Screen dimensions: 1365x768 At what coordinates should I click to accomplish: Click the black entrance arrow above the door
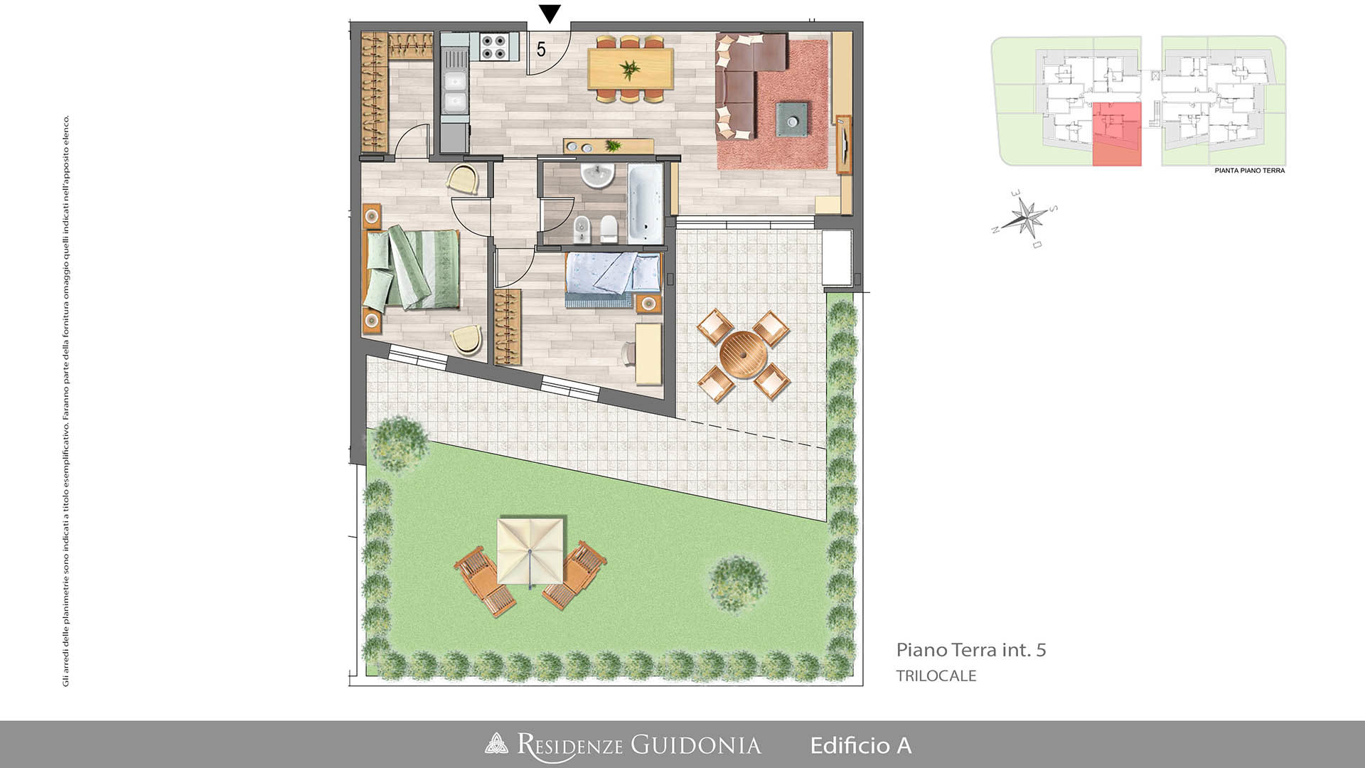tap(550, 14)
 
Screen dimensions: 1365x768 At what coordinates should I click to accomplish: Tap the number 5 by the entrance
tap(541, 50)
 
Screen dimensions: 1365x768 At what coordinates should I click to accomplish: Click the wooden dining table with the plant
tap(631, 69)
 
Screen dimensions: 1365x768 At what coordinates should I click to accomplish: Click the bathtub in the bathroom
tap(646, 203)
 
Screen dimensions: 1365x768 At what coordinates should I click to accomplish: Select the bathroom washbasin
tap(597, 176)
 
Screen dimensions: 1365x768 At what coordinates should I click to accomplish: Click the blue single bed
tap(612, 279)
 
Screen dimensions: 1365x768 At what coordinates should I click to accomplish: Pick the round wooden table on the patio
tap(743, 354)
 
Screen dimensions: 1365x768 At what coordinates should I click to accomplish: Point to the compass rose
tap(1025, 218)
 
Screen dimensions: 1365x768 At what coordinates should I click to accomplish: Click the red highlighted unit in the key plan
tap(1116, 134)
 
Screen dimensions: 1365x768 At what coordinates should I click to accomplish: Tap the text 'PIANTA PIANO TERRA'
tap(1250, 171)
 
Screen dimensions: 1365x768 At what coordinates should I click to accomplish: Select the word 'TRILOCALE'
tap(936, 676)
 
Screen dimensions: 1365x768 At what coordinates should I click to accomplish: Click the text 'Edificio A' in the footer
tap(861, 745)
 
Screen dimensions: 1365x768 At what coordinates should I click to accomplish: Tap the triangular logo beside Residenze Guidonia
tap(496, 744)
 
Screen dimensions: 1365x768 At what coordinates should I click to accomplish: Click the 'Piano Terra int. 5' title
tap(971, 650)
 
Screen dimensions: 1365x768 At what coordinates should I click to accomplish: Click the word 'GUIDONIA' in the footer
tap(696, 745)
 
